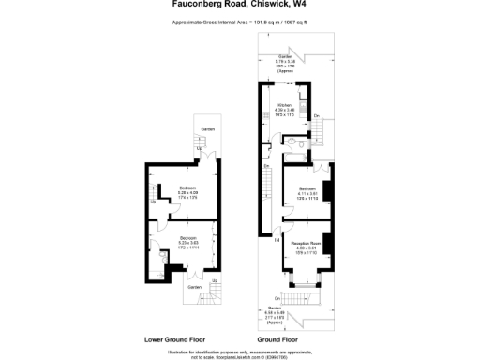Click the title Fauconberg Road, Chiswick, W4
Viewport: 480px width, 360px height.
tap(239, 5)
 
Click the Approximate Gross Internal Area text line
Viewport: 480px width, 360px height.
tap(239, 21)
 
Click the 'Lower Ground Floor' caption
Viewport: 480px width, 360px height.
tap(176, 338)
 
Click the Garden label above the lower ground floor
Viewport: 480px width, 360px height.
tap(206, 128)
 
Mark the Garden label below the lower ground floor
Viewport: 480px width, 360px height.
tap(194, 287)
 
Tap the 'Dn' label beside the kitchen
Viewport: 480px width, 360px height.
tap(318, 115)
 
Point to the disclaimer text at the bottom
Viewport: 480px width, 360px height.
tap(239, 353)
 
